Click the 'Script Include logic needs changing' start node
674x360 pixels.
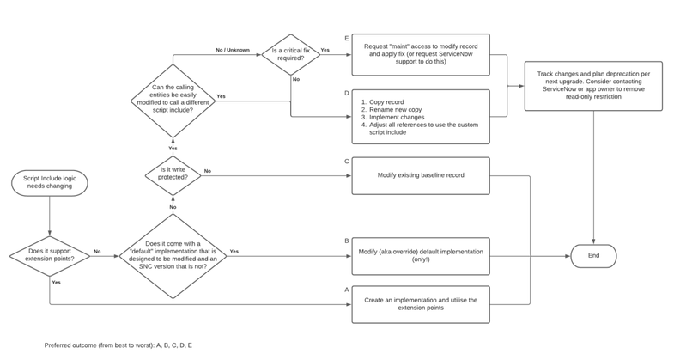49,183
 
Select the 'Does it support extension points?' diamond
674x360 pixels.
49,254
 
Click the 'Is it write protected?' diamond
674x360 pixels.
172,174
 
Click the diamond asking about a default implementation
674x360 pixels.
172,255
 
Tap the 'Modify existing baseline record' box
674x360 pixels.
420,174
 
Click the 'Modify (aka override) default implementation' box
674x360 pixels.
420,255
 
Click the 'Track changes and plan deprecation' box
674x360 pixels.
593,86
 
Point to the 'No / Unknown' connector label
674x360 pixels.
233,50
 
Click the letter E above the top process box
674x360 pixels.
345,38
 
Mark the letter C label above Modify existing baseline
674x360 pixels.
345,161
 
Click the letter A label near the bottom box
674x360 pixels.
345,290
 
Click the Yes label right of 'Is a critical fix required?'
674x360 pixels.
325,51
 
